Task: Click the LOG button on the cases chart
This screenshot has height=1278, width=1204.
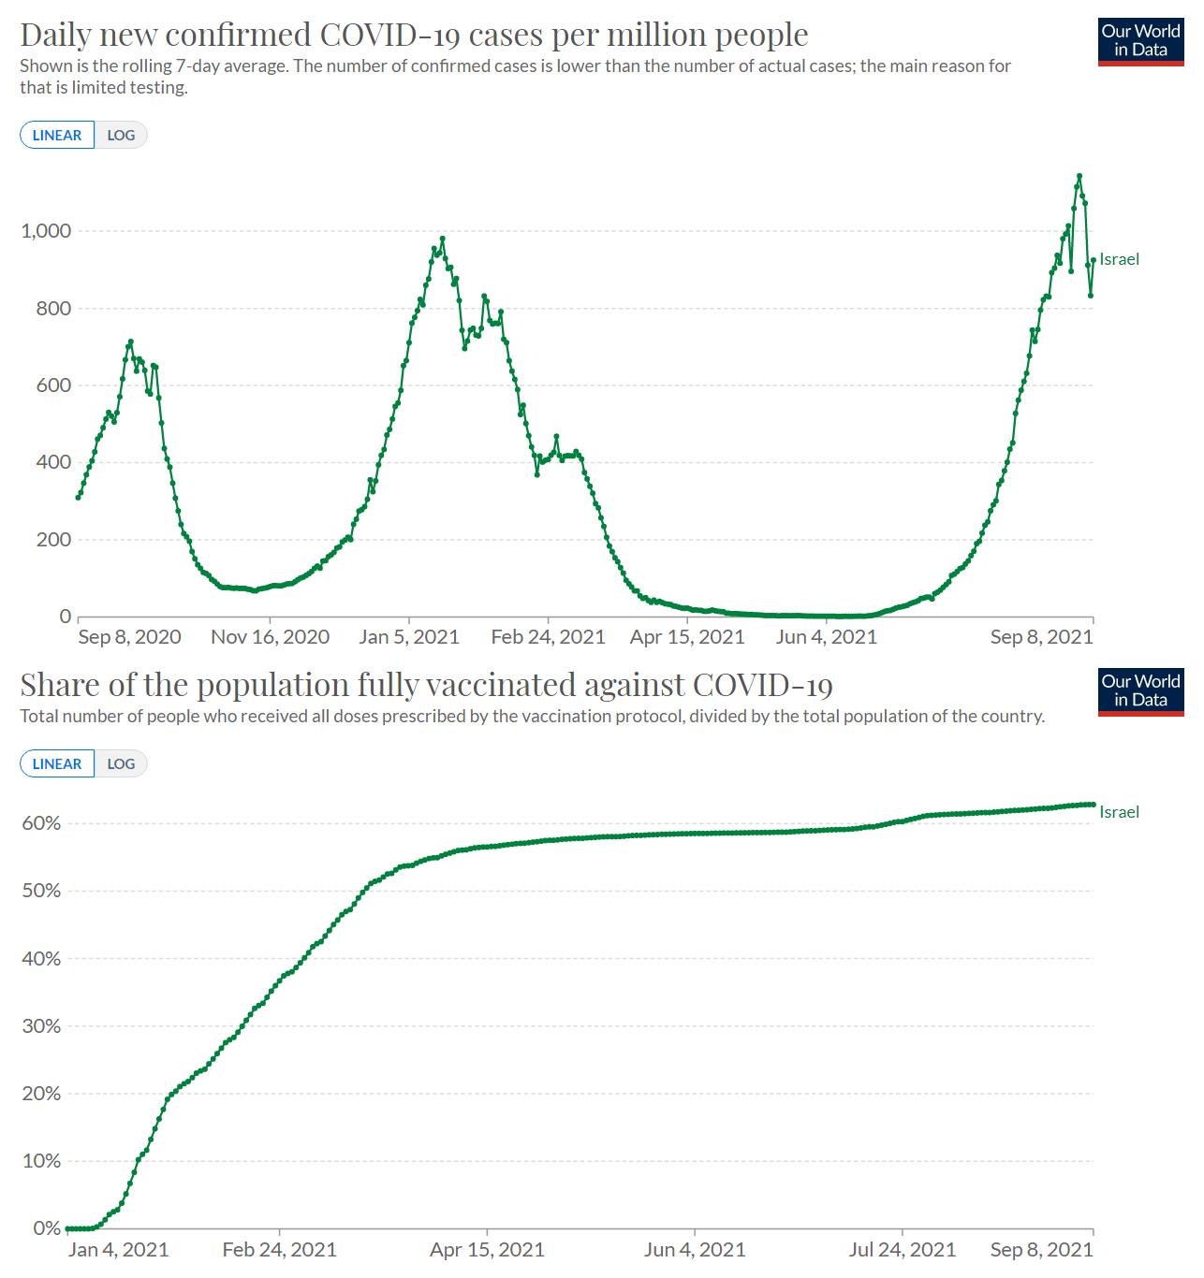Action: point(121,135)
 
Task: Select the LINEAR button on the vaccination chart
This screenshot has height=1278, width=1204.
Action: point(57,763)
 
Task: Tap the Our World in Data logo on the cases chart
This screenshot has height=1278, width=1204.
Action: point(1140,40)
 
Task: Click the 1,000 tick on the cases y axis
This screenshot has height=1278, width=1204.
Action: point(46,231)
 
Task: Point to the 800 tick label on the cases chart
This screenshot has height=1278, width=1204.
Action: point(52,308)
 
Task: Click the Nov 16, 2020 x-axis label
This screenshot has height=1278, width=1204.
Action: point(270,637)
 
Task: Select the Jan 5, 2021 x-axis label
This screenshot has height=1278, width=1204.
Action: point(409,637)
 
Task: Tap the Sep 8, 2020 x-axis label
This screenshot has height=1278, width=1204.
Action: point(129,637)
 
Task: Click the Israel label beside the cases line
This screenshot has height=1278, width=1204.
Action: point(1119,259)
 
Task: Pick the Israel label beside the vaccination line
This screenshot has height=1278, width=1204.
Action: point(1119,812)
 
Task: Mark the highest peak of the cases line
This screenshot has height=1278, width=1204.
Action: point(1079,176)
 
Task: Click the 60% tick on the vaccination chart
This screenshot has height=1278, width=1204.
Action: point(40,823)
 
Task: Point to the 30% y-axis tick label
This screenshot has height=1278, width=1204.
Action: point(40,1025)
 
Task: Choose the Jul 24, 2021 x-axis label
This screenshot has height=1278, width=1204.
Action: point(903,1250)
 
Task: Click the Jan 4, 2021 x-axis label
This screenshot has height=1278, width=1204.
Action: point(118,1250)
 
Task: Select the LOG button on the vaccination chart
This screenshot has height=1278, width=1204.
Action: point(121,763)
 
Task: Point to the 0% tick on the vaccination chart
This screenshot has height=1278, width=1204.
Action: point(46,1227)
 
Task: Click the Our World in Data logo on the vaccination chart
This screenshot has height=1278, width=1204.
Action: point(1140,691)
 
